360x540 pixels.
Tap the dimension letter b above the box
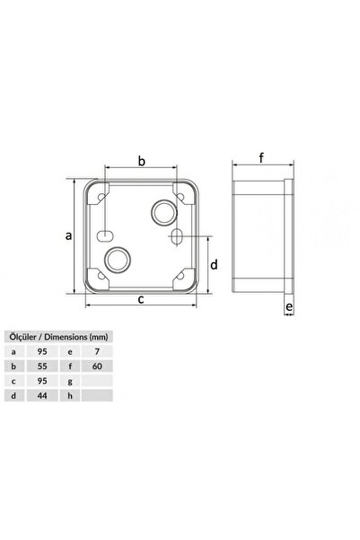pyautogui.click(x=141, y=161)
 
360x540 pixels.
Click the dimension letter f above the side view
pyautogui.click(x=262, y=159)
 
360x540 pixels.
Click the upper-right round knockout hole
pyautogui.click(x=163, y=214)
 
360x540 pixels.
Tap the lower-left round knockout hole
pyautogui.click(x=117, y=260)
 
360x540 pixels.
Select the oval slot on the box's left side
pyautogui.click(x=105, y=237)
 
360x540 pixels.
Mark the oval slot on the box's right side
pyautogui.click(x=177, y=237)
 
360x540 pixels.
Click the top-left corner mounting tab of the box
pyautogui.click(x=97, y=190)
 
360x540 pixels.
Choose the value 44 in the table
pyautogui.click(x=41, y=395)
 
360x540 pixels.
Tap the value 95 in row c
pyautogui.click(x=41, y=382)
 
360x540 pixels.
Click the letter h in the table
pyautogui.click(x=70, y=395)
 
